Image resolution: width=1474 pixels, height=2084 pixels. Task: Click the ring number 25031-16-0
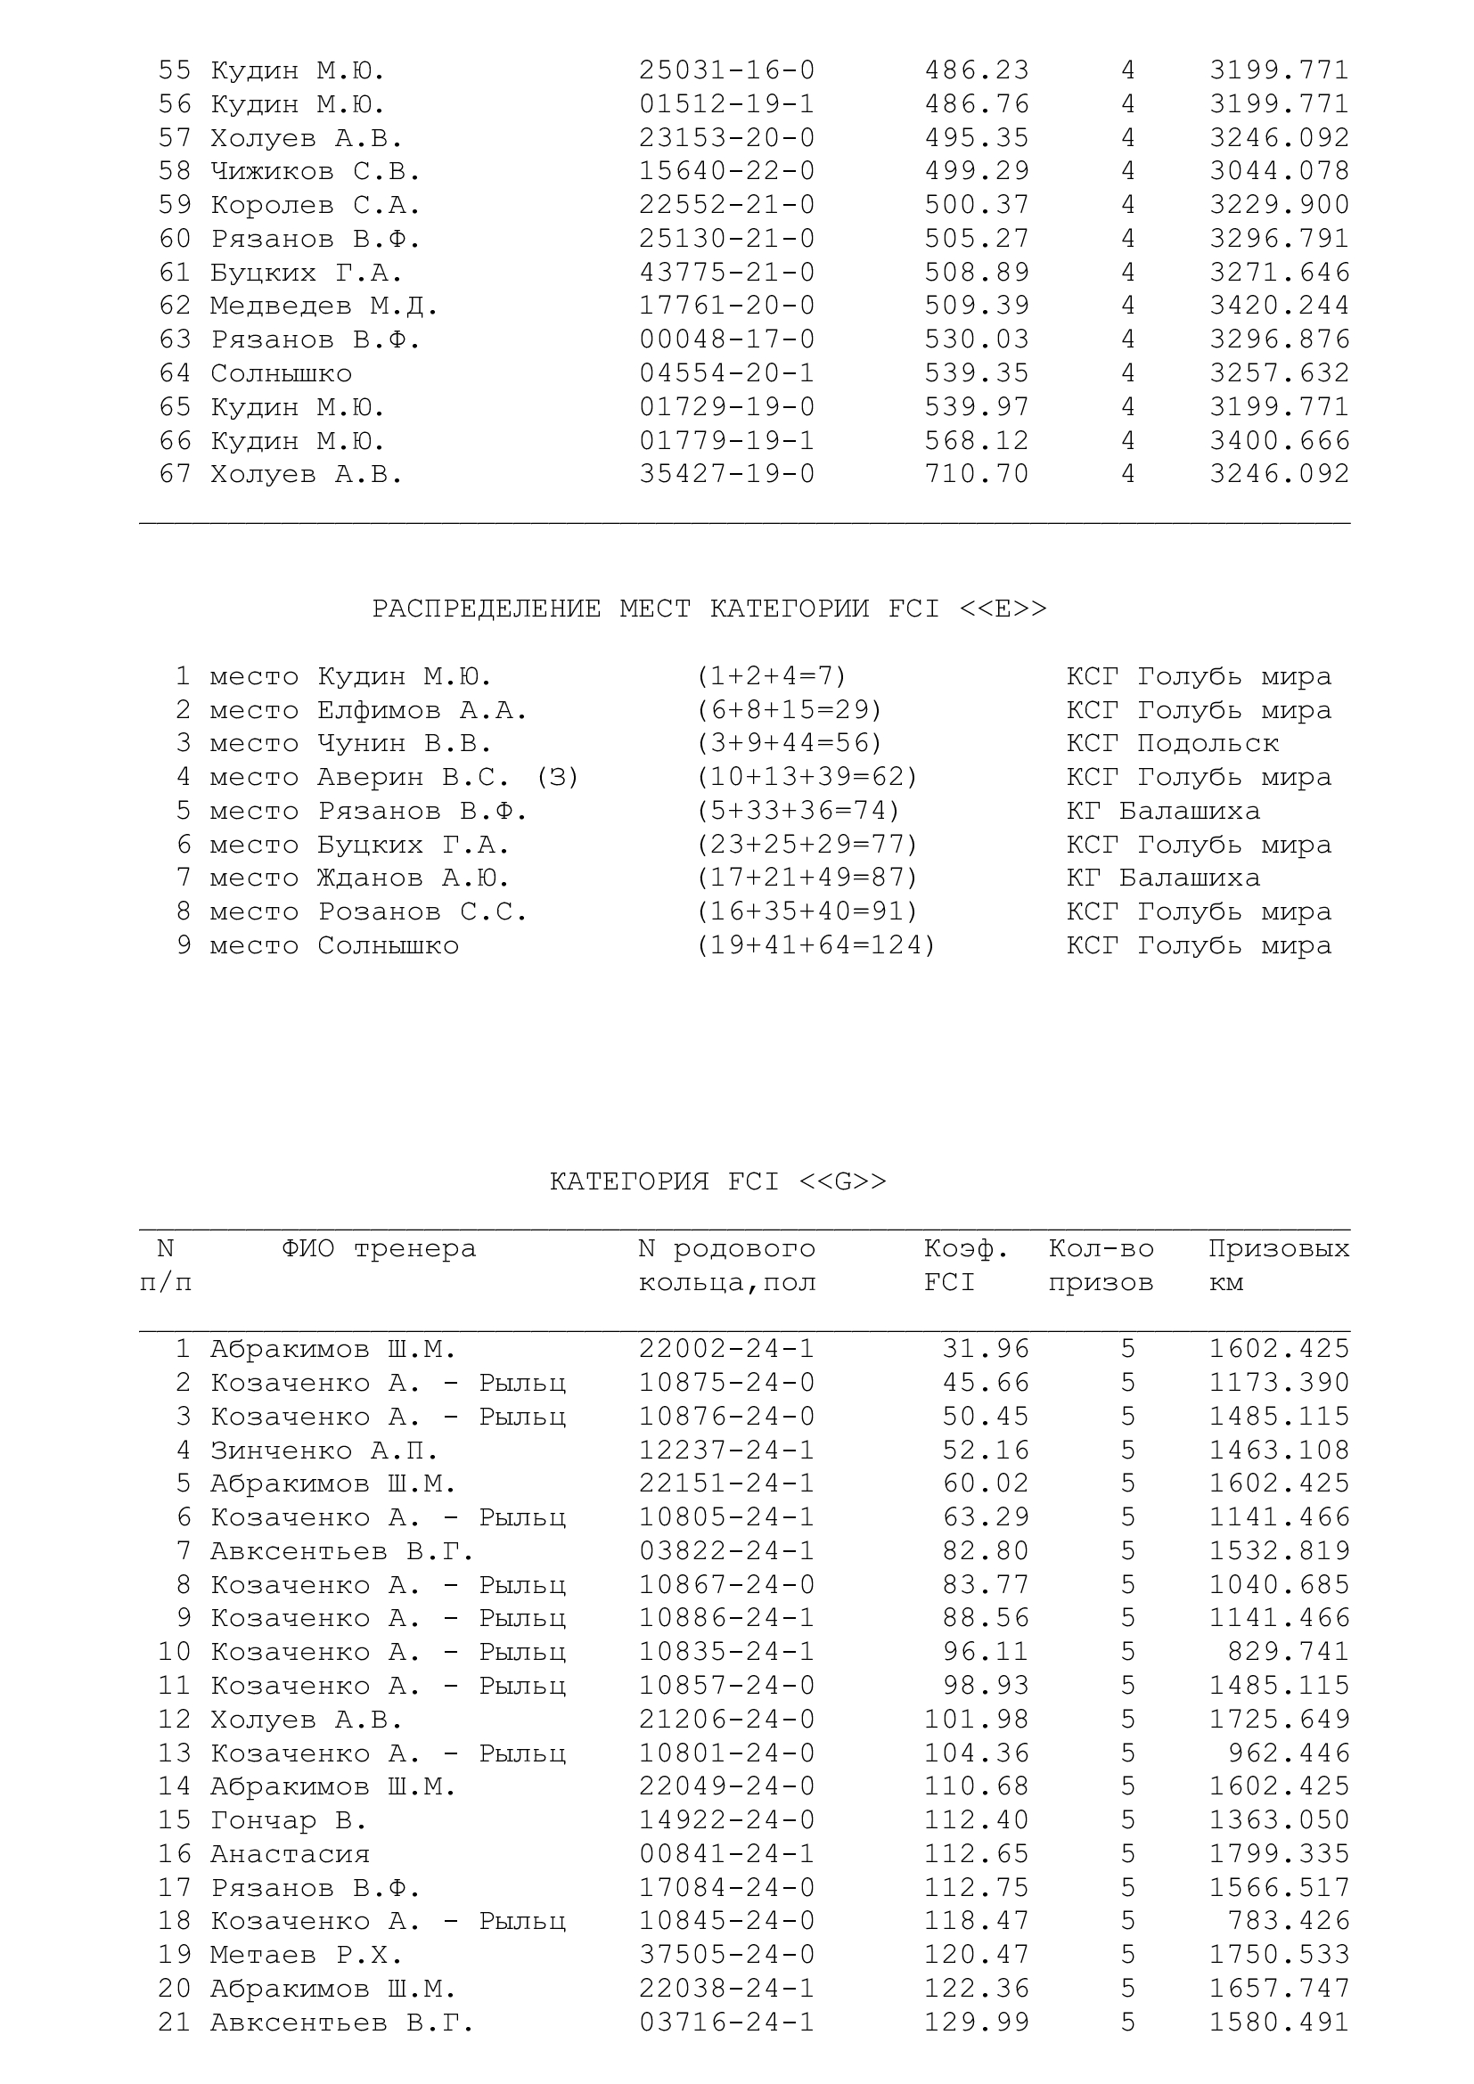coord(726,70)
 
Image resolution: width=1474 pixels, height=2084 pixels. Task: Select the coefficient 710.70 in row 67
coord(977,474)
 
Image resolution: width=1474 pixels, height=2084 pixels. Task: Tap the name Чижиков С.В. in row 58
coord(315,172)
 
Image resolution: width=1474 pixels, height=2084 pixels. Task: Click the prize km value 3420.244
coord(1279,306)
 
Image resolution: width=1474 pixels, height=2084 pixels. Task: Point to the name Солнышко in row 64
coord(282,373)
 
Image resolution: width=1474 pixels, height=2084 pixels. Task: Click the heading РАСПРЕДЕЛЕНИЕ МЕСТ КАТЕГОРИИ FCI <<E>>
coord(708,609)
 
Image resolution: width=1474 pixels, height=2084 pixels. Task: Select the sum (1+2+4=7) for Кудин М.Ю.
coord(771,676)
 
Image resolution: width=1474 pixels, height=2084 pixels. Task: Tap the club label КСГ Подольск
coord(1172,743)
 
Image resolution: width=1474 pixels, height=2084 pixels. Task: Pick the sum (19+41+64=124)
coord(815,946)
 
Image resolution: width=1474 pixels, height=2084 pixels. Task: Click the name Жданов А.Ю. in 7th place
coord(413,878)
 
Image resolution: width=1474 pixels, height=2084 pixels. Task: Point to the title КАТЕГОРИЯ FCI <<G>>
coord(718,1181)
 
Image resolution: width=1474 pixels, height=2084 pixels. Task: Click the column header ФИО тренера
coord(379,1249)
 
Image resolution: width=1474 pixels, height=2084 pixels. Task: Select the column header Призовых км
coord(1278,1265)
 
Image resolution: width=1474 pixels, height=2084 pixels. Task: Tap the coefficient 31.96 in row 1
coord(985,1349)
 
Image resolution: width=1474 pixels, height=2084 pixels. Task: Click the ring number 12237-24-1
coord(726,1451)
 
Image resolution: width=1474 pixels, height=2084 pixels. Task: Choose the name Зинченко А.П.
coord(324,1451)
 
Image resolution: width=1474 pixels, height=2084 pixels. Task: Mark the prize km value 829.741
coord(1288,1652)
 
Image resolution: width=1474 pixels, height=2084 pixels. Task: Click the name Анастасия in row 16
coord(291,1853)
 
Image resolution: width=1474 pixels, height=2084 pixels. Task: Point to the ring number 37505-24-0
coord(726,1954)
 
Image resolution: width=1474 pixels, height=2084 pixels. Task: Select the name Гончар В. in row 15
coord(289,1820)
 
